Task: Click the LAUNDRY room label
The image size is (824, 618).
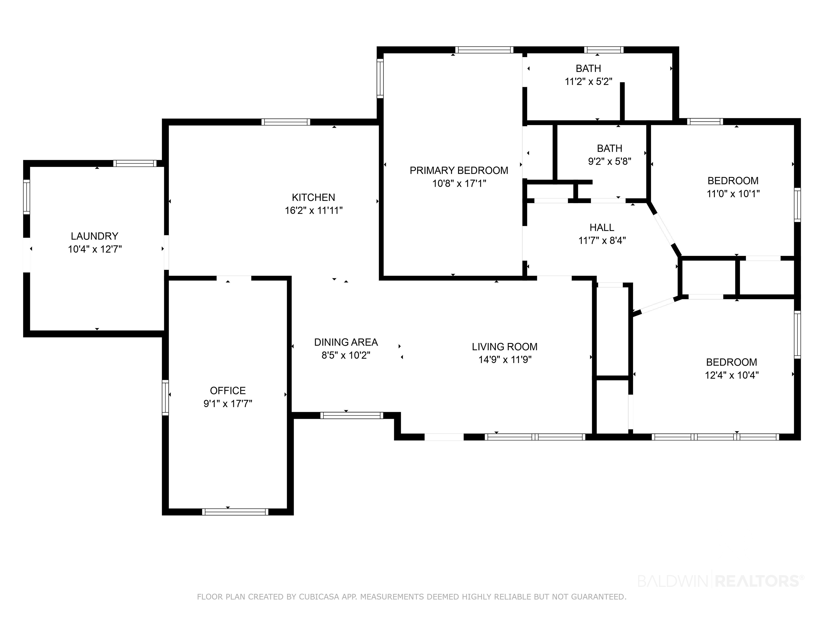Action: point(95,236)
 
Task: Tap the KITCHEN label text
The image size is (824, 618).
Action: point(313,197)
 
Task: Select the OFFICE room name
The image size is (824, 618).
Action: point(228,391)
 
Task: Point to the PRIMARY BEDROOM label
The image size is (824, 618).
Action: point(459,171)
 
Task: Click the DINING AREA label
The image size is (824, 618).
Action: point(346,342)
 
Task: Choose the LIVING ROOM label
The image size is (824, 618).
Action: point(505,347)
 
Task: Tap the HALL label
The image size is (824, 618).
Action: point(602,228)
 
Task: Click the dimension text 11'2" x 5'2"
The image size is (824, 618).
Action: point(588,82)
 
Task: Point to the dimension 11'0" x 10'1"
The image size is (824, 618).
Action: point(733,194)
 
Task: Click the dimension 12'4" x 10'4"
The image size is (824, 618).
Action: point(732,375)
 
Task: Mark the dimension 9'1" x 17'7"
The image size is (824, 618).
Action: point(228,404)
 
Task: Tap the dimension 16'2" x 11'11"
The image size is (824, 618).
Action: point(314,211)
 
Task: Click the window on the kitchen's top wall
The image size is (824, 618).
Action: point(286,122)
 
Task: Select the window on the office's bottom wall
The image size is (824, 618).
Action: point(235,512)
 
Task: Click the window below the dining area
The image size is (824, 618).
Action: point(352,415)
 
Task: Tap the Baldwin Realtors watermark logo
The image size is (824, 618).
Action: point(721,581)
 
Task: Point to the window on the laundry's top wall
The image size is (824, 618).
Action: point(135,163)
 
